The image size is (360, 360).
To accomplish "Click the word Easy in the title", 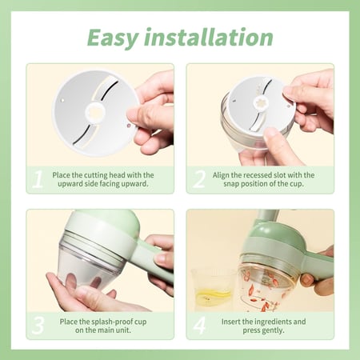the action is pos(113,38).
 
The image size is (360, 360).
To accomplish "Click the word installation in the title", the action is pos(209,37).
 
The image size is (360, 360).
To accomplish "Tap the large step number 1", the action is pos(38,179).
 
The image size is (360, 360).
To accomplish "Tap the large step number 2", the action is pos(199,179).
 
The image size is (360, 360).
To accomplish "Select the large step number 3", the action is pos(38,326).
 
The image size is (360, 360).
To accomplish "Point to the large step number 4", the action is pos(199,326).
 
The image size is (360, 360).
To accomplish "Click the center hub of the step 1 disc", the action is pos(95,113).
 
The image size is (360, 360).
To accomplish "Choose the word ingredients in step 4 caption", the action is pos(272,322).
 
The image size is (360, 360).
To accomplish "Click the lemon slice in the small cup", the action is pos(214,295).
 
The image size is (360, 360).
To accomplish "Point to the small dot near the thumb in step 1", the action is pos(128,125).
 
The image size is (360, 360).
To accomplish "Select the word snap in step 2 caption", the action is pos(231,184).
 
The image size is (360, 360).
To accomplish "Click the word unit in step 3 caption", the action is pos(125,330).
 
